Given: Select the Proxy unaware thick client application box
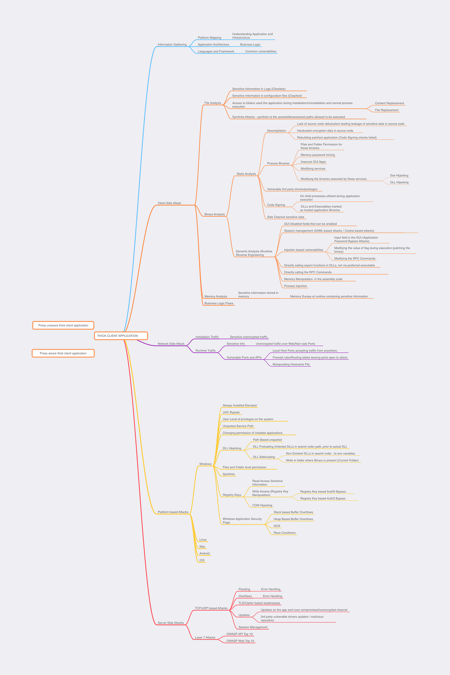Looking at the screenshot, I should point(63,325).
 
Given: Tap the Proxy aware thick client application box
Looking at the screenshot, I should point(63,353).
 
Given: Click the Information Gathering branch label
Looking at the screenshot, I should point(172,45).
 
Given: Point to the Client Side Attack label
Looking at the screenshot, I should point(169,203).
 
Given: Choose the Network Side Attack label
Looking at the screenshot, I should point(171,344).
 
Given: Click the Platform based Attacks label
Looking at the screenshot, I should point(173,512).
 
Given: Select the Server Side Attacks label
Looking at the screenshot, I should point(171,623).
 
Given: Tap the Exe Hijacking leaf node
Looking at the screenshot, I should point(399,175).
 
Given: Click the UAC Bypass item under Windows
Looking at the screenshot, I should point(231,412).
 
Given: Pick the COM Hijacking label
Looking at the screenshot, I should point(262,505).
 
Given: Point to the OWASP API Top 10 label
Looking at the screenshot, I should point(239,634).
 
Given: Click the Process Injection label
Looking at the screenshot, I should point(295,286).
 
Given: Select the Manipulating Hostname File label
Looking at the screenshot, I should point(291,364).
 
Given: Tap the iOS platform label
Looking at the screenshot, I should point(202,560).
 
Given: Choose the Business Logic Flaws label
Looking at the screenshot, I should point(219,303).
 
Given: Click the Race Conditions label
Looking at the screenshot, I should point(284,533).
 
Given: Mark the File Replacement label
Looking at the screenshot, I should point(387,110).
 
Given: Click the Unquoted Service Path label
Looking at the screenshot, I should point(238,426).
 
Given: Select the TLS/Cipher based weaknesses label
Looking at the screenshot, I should point(259,603).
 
